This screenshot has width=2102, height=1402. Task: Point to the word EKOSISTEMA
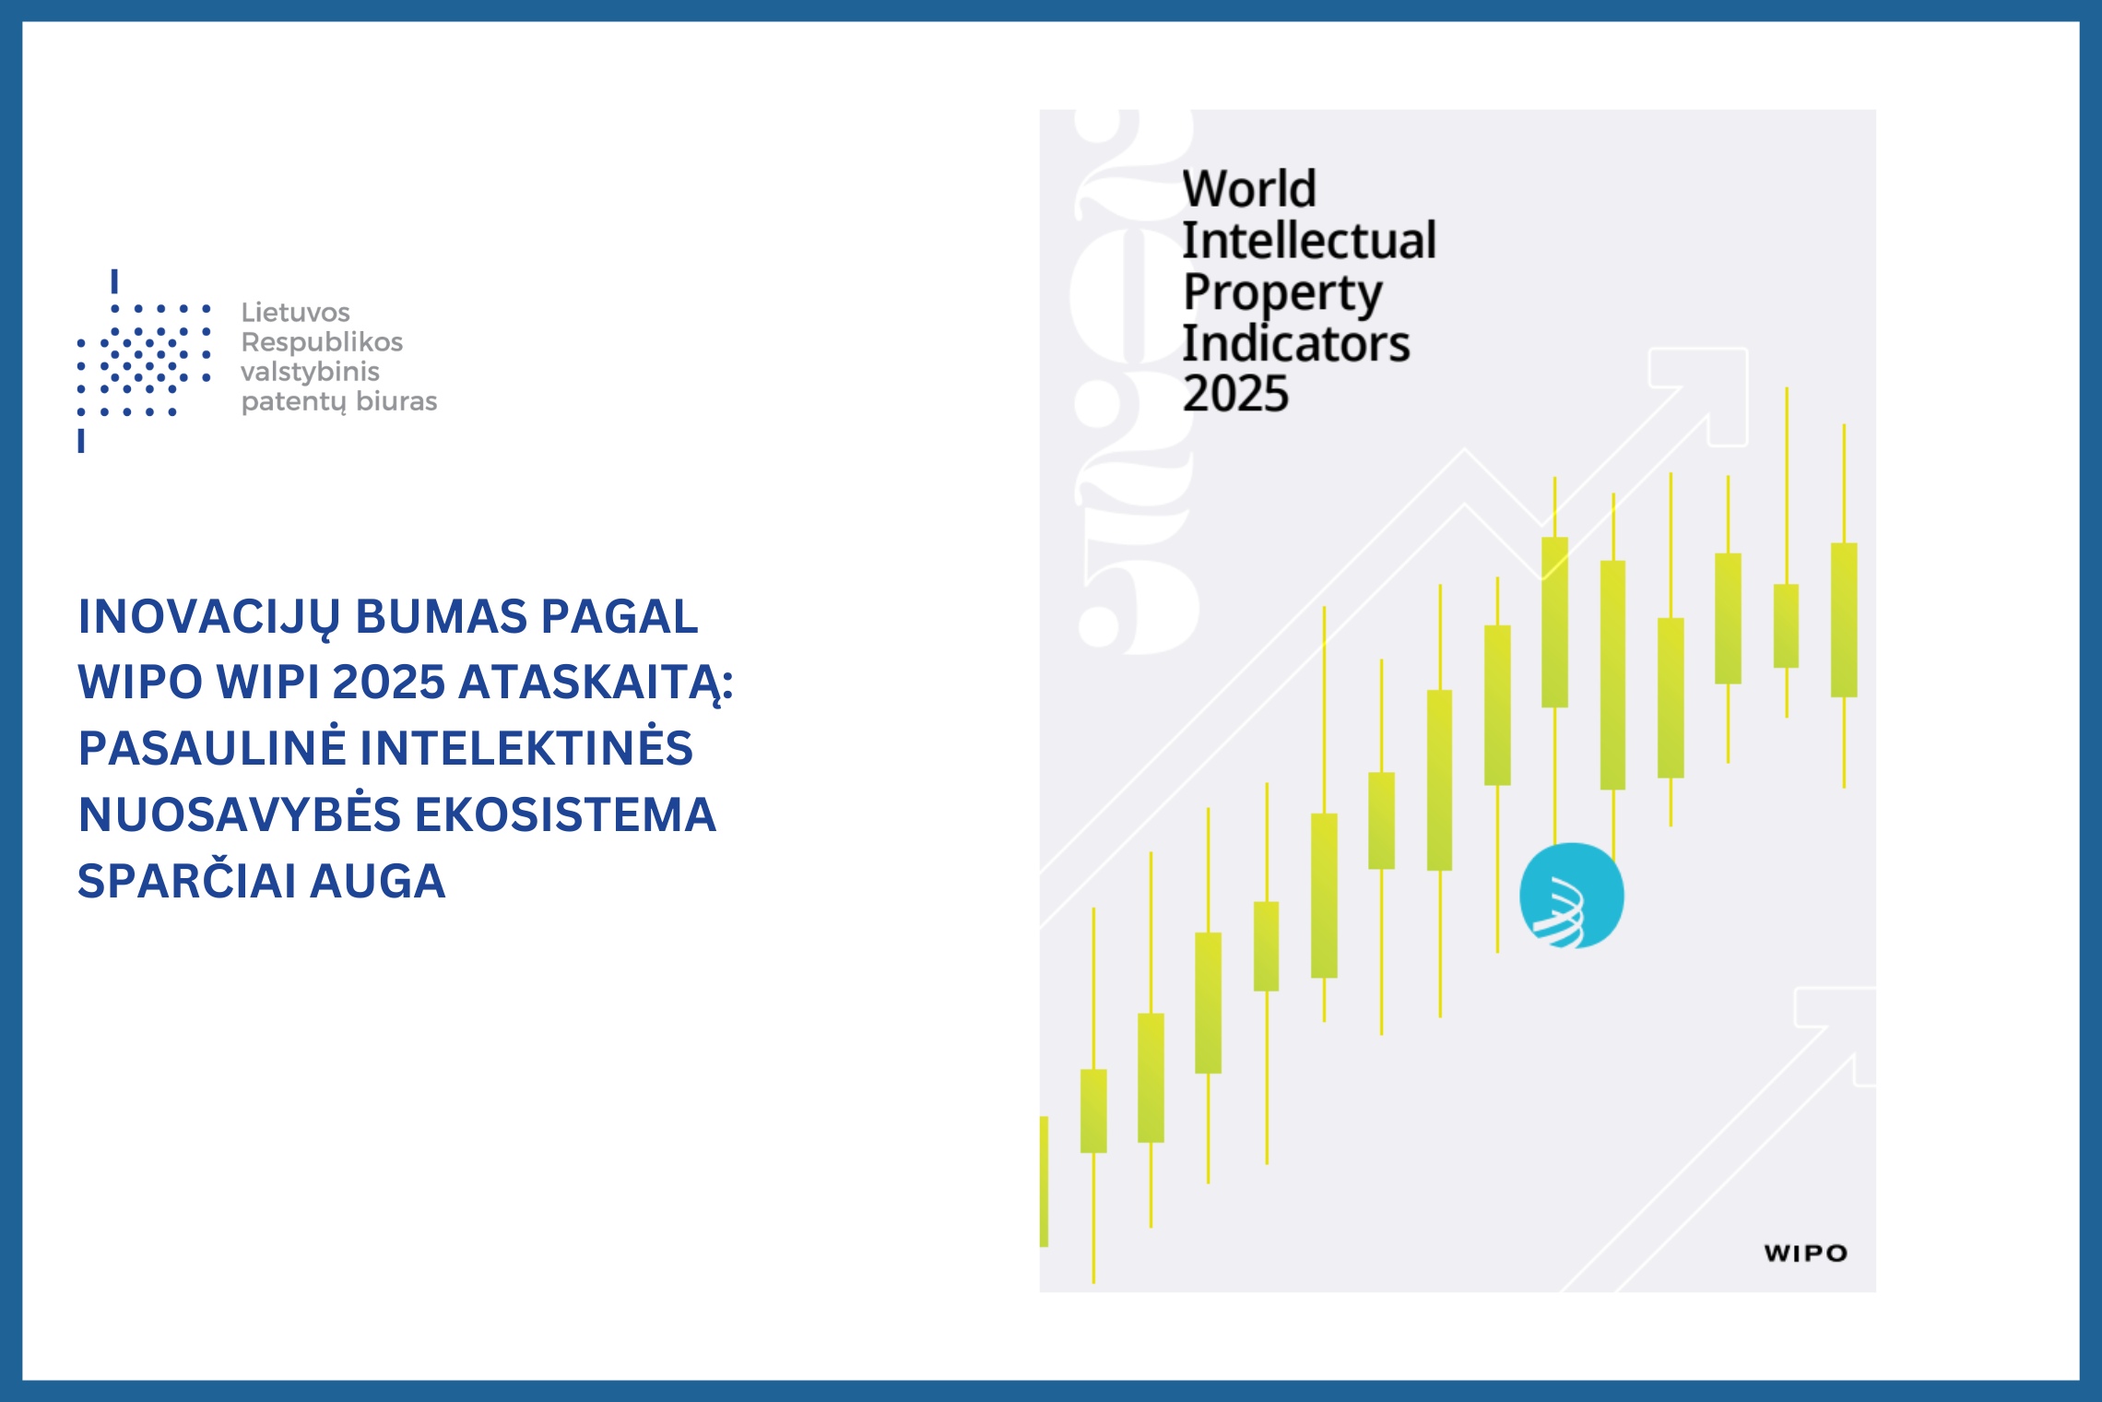click(x=565, y=814)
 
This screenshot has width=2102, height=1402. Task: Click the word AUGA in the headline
click(x=378, y=881)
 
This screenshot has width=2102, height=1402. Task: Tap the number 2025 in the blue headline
click(x=388, y=683)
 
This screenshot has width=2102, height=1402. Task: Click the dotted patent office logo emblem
click(x=144, y=361)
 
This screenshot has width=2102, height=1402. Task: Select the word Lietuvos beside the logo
click(x=295, y=312)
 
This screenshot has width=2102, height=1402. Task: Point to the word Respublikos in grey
click(x=322, y=342)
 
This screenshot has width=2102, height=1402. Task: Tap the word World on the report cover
click(x=1249, y=188)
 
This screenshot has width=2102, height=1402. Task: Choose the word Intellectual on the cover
click(x=1309, y=240)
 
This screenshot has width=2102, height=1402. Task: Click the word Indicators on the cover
click(x=1295, y=343)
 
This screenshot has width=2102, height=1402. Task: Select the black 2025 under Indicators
click(x=1235, y=394)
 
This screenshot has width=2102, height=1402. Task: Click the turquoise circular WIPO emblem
click(x=1572, y=896)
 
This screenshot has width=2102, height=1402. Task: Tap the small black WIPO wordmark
click(x=1806, y=1253)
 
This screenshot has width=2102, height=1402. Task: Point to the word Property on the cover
click(x=1282, y=293)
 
